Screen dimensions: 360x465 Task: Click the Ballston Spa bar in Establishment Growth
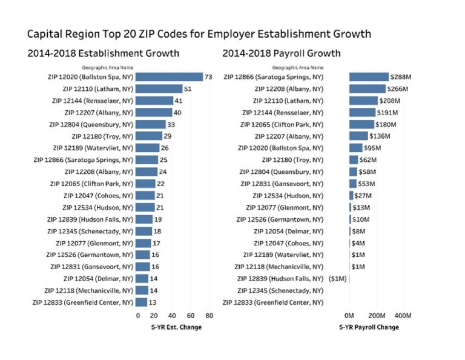click(169, 77)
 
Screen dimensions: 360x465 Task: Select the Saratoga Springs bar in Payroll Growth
click(369, 77)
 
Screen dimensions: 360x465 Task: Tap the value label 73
click(208, 77)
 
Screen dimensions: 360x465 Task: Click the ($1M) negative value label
click(337, 279)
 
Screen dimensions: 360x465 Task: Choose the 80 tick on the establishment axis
click(209, 316)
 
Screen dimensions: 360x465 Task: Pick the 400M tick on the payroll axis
click(403, 316)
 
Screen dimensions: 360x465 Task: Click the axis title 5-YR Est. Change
click(176, 327)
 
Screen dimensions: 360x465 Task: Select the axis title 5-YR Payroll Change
click(369, 327)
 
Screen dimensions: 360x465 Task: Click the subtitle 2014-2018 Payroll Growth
click(281, 53)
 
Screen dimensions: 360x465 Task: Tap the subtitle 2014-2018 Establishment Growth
click(103, 53)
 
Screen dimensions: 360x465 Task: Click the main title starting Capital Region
click(199, 33)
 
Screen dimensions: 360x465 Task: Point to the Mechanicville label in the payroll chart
click(279, 267)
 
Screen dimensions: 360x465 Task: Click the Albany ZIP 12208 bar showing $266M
click(367, 88)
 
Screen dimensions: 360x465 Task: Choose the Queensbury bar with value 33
click(151, 124)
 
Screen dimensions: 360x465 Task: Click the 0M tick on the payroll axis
click(349, 316)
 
